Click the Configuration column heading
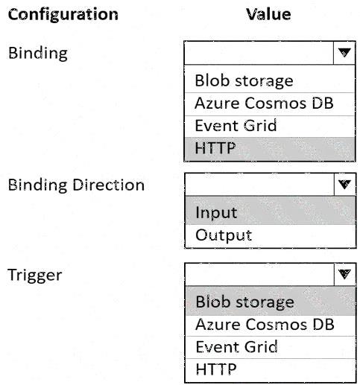63,14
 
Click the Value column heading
268,14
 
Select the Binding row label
38,54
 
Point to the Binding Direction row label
76,185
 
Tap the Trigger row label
35,276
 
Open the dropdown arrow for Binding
344,53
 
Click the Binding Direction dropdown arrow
345,184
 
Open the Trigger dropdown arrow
345,274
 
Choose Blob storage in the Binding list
244,81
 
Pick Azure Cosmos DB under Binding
264,103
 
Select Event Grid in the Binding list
236,125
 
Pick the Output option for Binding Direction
224,235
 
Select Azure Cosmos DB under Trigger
265,324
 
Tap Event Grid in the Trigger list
236,347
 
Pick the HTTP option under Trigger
216,369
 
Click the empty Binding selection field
259,53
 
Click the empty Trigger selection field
260,274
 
